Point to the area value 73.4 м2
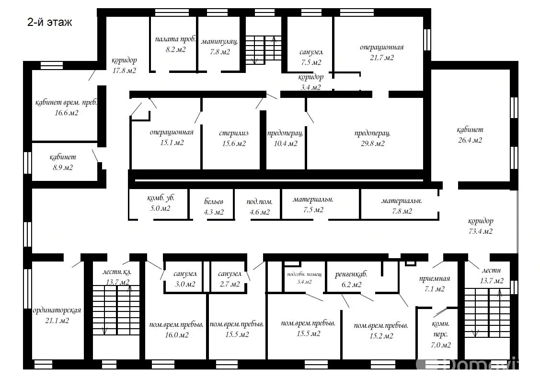480,231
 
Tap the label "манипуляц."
219,42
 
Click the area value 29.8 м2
372,143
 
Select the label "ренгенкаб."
351,275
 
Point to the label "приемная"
434,279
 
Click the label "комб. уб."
161,198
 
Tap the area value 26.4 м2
470,140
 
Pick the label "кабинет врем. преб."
66,103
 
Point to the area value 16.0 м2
176,335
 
